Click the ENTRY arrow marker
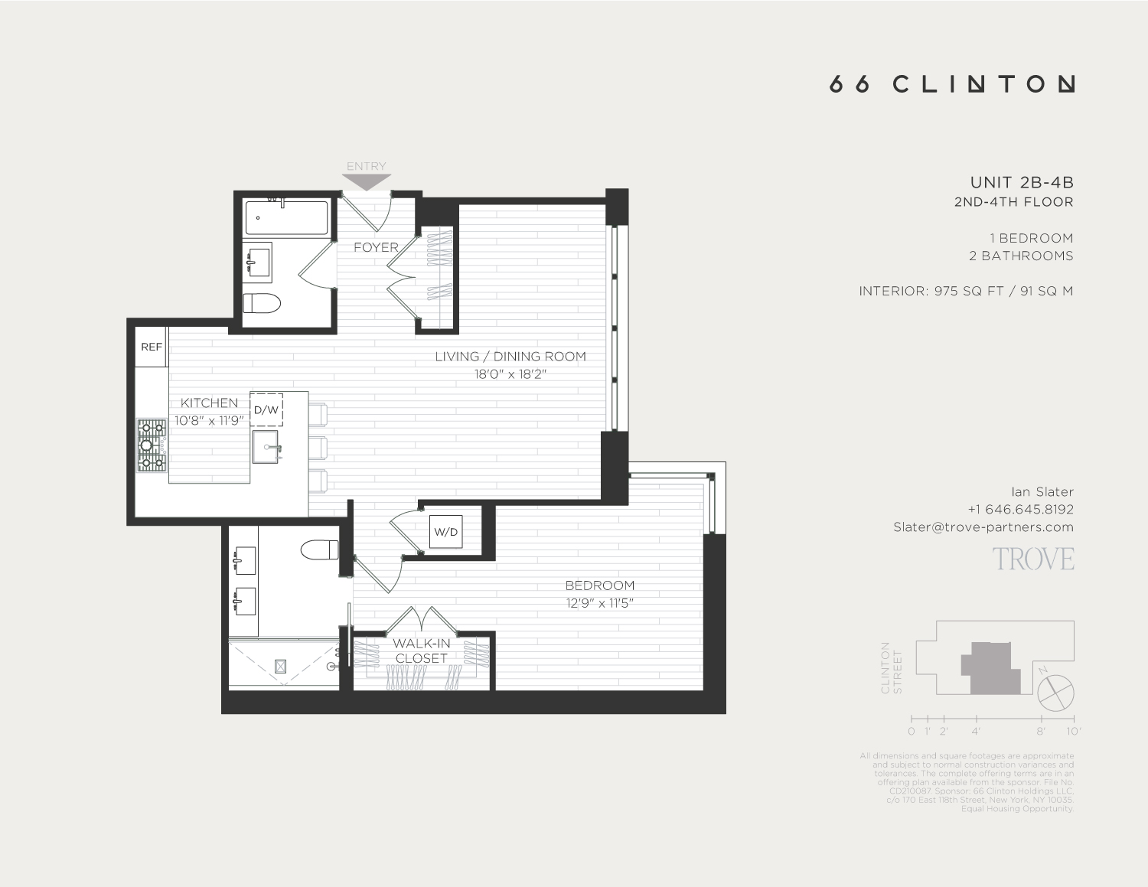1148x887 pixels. pyautogui.click(x=367, y=182)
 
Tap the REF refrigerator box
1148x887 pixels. pyautogui.click(x=152, y=347)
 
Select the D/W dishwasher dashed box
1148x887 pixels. pyautogui.click(x=266, y=409)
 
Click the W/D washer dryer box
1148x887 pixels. pyautogui.click(x=445, y=532)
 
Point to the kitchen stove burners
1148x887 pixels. pyautogui.click(x=152, y=445)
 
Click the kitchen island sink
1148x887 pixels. pyautogui.click(x=267, y=446)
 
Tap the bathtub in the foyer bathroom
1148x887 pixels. pyautogui.click(x=286, y=218)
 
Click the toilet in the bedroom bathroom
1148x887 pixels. pyautogui.click(x=320, y=549)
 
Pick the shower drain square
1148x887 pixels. pyautogui.click(x=280, y=667)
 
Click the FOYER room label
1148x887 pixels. pyautogui.click(x=376, y=247)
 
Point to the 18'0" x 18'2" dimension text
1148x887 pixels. pyautogui.click(x=510, y=374)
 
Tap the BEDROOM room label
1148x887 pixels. pyautogui.click(x=599, y=585)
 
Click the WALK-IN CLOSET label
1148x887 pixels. pyautogui.click(x=422, y=651)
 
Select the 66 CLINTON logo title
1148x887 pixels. pyautogui.click(x=952, y=84)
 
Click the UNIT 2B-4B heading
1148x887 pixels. pyautogui.click(x=1021, y=182)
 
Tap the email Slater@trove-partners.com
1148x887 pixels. pyautogui.click(x=983, y=527)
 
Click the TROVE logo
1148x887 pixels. pyautogui.click(x=1033, y=559)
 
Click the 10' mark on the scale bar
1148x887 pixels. pyautogui.click(x=1073, y=731)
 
